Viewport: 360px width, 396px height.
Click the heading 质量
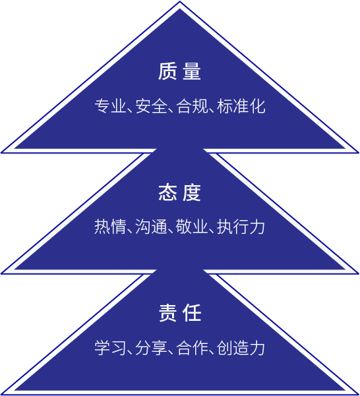pos(179,71)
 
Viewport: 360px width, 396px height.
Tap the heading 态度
pos(179,192)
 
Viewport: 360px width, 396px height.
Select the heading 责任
pos(180,313)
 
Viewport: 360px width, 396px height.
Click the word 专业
pos(111,106)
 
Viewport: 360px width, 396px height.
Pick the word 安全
pos(152,106)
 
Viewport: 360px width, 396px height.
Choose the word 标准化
pos(241,106)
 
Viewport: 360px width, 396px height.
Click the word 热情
pos(110,227)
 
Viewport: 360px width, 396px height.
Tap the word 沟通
pos(152,227)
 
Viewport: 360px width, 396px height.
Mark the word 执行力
pos(241,227)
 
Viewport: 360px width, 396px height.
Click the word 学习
pos(110,348)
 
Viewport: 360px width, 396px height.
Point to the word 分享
pos(152,348)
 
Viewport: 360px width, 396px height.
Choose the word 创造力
pos(241,348)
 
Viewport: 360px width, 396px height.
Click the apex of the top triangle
pos(179,1)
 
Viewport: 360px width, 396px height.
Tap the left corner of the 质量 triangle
pos(1,153)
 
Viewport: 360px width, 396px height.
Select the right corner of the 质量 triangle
pos(359,153)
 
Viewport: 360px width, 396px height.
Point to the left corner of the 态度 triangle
pos(1,273)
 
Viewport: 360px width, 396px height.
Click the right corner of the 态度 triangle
pos(359,273)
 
